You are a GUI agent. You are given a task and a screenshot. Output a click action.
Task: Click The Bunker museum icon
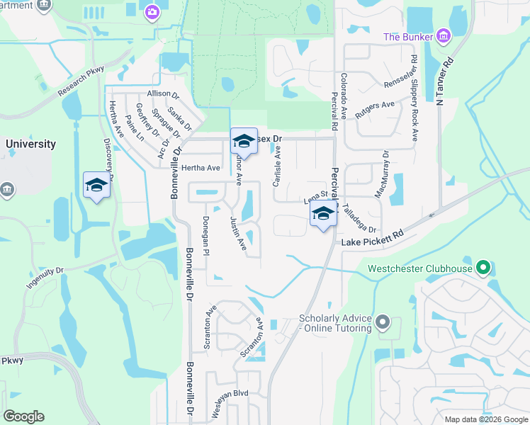444,35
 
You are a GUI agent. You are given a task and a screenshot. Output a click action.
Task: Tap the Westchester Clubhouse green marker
484,268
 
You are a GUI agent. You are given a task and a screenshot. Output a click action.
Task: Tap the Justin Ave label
238,234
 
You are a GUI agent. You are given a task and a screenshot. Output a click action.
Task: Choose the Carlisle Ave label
278,163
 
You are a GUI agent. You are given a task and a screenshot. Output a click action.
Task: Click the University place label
30,144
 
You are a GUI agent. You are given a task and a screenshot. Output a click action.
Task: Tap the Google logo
23,416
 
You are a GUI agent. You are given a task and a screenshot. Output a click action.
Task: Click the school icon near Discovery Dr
96,186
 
